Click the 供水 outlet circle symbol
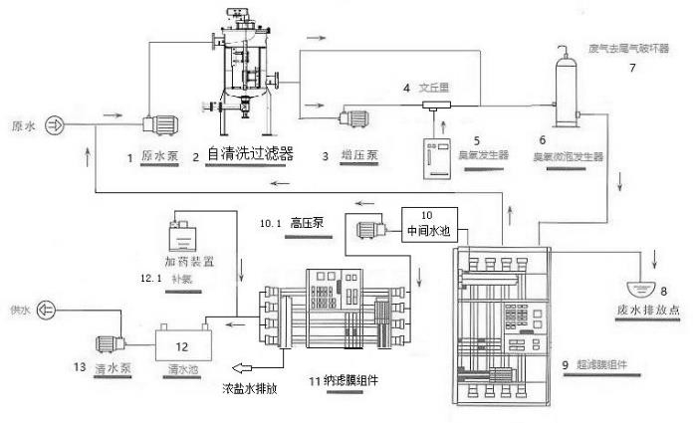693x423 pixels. point(46,310)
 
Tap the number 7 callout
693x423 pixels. point(630,68)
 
